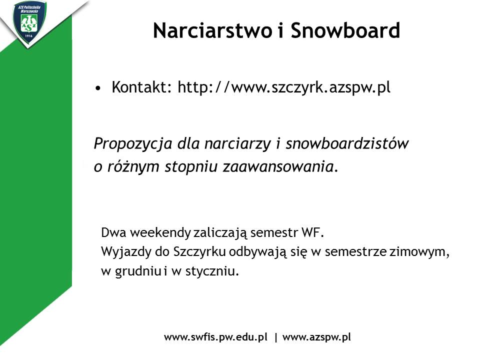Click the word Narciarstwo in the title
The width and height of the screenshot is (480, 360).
212,30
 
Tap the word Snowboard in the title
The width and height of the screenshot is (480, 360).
345,30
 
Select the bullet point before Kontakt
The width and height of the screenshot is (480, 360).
97,88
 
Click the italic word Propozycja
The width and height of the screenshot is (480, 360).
133,144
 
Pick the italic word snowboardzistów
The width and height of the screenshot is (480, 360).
347,143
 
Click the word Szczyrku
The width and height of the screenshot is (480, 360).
199,251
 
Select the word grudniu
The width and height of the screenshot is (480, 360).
138,271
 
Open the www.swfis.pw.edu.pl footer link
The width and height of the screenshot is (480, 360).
216,337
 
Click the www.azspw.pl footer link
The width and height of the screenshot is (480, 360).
316,337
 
